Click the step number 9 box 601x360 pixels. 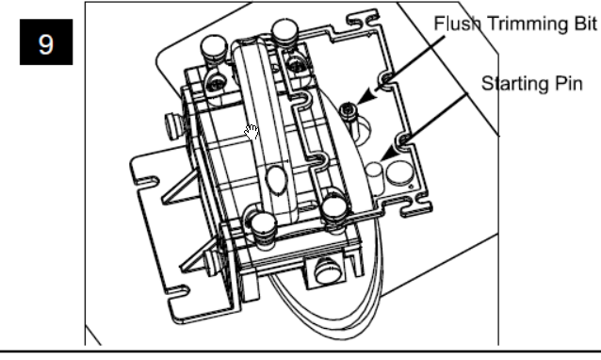[x=46, y=41]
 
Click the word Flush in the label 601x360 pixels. [x=458, y=24]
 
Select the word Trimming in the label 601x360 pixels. [x=530, y=25]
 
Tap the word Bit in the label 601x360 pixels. [x=587, y=24]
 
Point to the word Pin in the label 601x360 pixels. [x=566, y=84]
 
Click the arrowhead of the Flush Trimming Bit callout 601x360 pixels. [x=366, y=97]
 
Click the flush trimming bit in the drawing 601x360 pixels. [x=348, y=111]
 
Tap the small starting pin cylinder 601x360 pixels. [x=374, y=175]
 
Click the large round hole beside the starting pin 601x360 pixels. [x=399, y=172]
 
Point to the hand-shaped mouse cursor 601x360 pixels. [x=252, y=132]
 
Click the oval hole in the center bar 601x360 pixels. [x=276, y=179]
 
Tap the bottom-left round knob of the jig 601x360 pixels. [x=263, y=226]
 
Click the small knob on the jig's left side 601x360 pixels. [x=173, y=125]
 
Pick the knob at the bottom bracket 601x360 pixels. [x=327, y=270]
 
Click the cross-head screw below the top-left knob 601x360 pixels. [x=217, y=82]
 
